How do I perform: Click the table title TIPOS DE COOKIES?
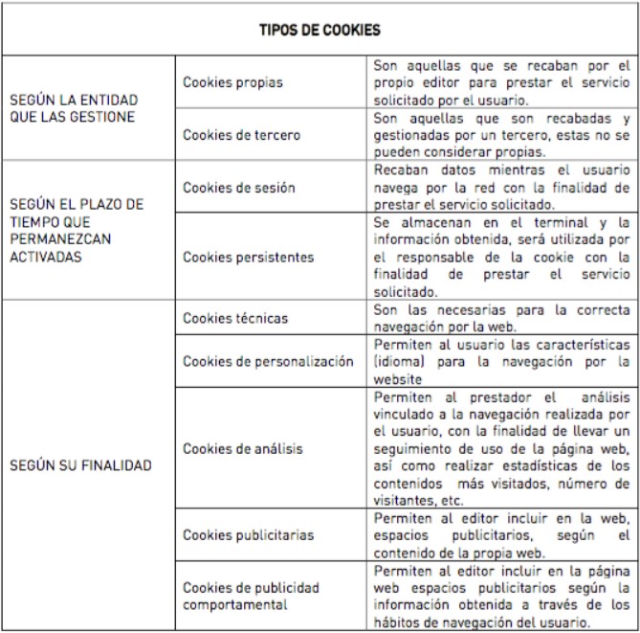click(x=320, y=31)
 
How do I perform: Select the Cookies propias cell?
click(x=232, y=82)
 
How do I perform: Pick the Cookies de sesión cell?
click(x=238, y=188)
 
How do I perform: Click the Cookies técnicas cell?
click(x=234, y=318)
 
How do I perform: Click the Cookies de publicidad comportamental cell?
click(x=251, y=596)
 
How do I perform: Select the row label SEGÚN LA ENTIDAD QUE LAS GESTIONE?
click(x=73, y=108)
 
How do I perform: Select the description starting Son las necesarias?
click(x=500, y=318)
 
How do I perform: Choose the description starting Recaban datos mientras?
click(x=500, y=188)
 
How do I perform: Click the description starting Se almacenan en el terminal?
click(x=500, y=256)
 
